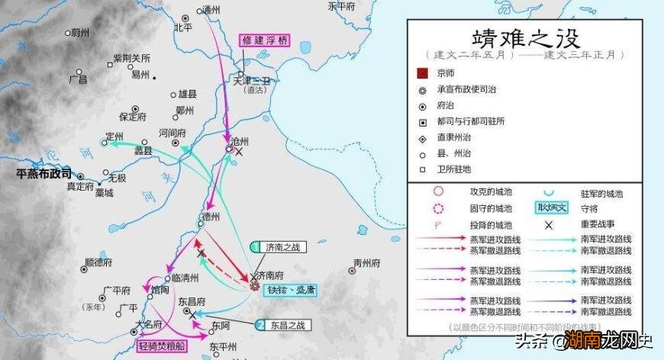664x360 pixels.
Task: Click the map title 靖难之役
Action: click(526, 38)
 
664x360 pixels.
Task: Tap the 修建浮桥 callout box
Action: click(266, 40)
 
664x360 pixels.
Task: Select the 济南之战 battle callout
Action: click(282, 247)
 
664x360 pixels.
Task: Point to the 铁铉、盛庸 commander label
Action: click(290, 291)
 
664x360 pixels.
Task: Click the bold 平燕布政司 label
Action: click(44, 173)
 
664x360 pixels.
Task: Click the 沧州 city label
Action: click(240, 142)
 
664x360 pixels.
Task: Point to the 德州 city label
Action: click(211, 217)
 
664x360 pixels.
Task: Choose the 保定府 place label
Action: click(132, 117)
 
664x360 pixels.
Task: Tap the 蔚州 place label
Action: click(79, 33)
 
